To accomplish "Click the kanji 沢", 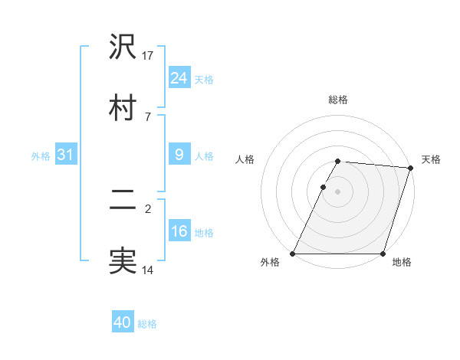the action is pos(123,47).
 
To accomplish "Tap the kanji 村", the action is pos(123,106).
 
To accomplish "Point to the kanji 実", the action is pos(123,260).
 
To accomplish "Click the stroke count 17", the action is pos(148,56).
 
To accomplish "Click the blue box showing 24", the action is pos(179,78).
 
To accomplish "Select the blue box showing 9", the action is pos(179,155).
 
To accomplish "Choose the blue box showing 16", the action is pos(179,231).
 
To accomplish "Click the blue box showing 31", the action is pos(65,155).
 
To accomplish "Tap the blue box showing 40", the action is pos(123,323).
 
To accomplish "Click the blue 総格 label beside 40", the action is pos(147,324).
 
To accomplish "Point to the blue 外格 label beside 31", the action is pos(41,155).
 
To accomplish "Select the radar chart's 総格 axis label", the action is pos(338,100).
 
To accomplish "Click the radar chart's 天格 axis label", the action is pos(431,159).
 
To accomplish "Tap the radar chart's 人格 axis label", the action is pos(245,159).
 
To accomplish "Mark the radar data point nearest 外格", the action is pos(293,254).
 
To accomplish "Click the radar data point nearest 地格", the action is pos(383,254).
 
